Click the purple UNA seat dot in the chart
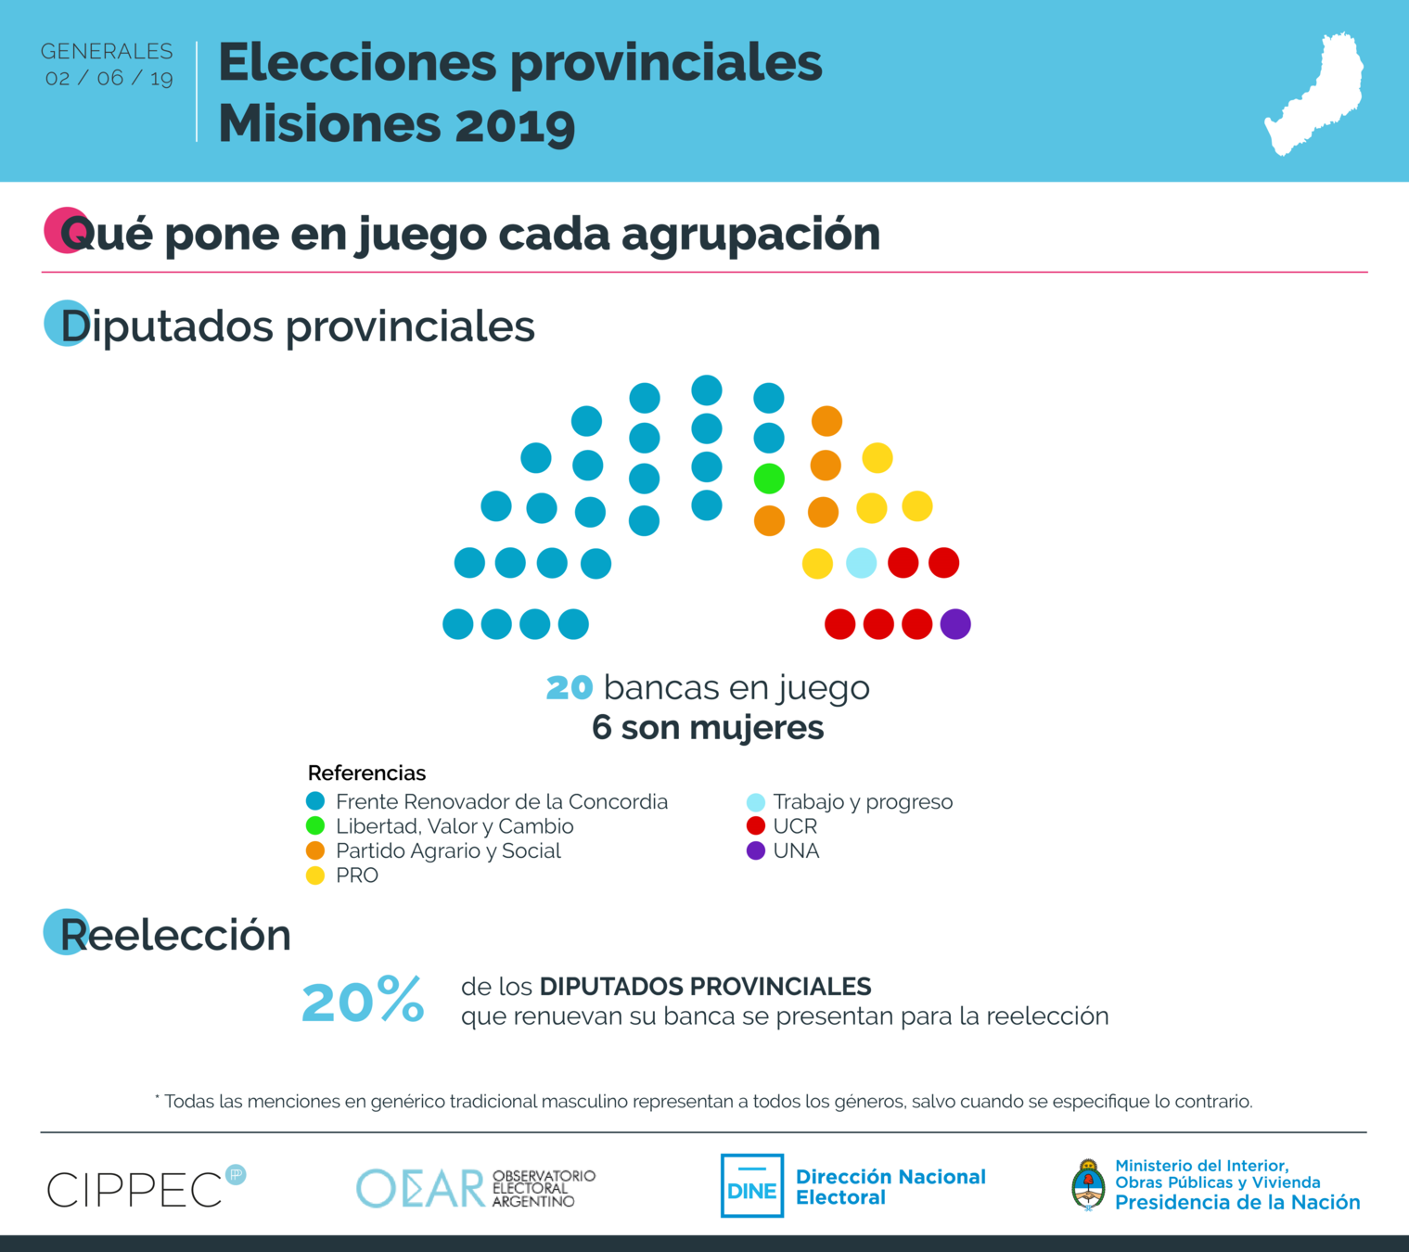[955, 624]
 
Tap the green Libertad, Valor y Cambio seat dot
[769, 479]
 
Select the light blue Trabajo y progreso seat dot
[861, 563]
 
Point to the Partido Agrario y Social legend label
[448, 851]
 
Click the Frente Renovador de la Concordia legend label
[501, 802]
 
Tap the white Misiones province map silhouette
[1315, 94]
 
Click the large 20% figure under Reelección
[363, 1002]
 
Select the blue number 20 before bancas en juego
[570, 688]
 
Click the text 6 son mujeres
[708, 728]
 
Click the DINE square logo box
[752, 1186]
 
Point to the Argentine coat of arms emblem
[1088, 1185]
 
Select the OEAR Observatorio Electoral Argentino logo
[476, 1188]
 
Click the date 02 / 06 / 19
[109, 79]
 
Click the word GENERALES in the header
[107, 52]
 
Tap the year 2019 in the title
[515, 125]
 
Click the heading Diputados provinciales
[298, 326]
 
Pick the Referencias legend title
[366, 773]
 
